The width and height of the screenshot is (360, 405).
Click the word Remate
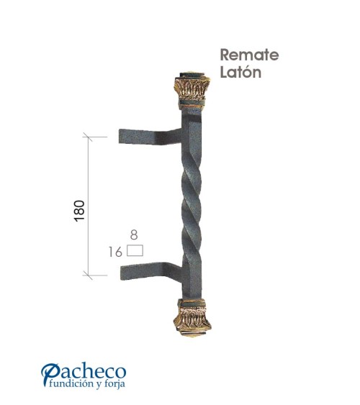tap(248, 55)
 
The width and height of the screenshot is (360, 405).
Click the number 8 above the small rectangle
tap(134, 235)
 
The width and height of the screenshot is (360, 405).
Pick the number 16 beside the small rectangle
tap(115, 251)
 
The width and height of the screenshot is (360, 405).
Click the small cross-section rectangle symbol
tap(135, 251)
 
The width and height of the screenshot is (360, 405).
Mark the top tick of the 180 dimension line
tap(89, 135)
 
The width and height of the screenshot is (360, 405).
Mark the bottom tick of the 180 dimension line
tap(89, 274)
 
